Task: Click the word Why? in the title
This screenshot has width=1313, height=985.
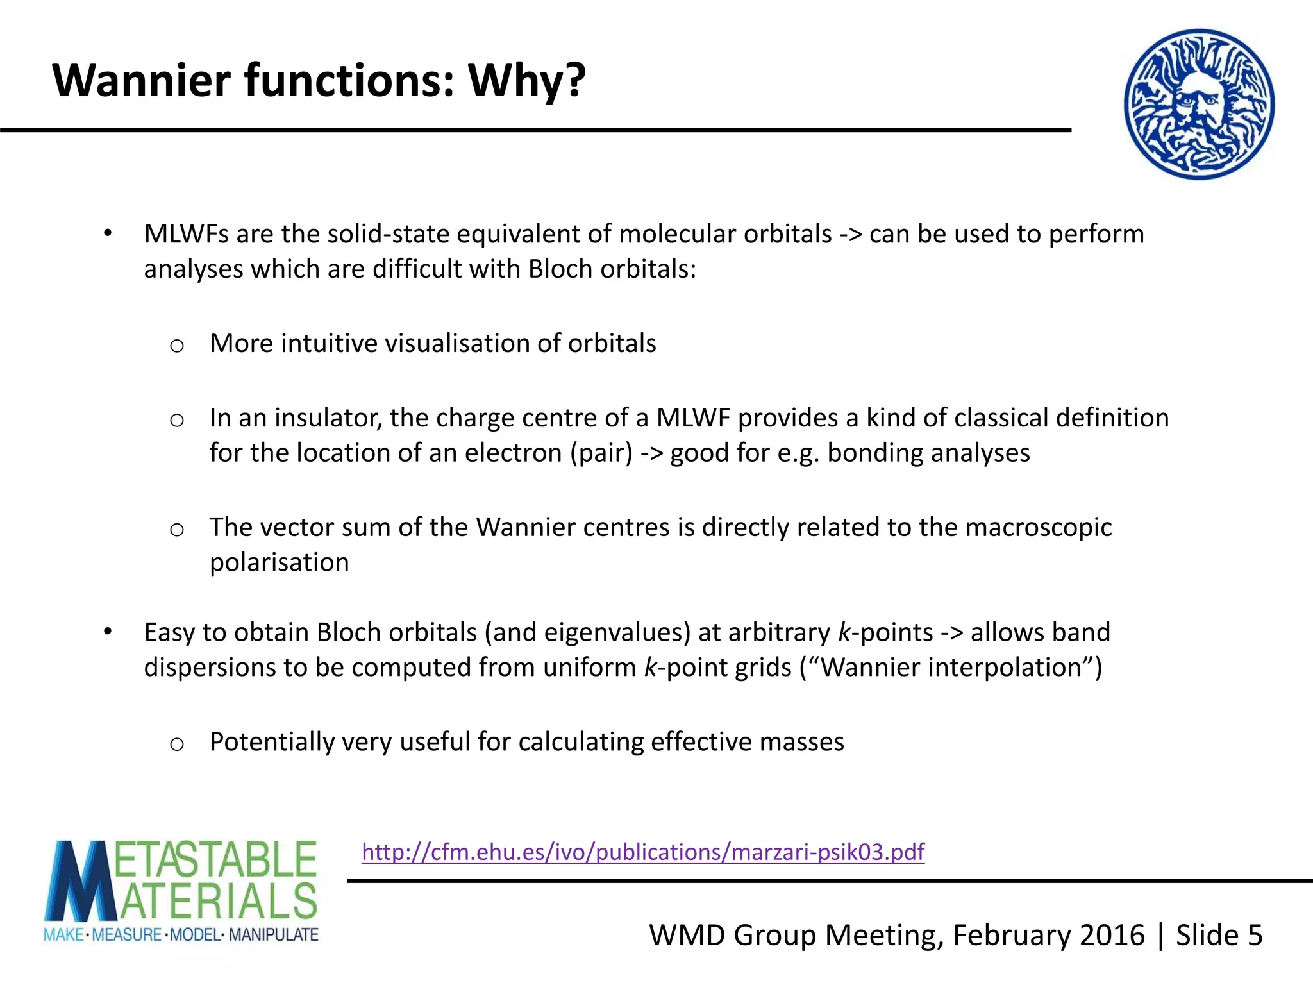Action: click(526, 81)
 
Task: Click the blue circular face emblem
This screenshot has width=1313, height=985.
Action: click(1199, 104)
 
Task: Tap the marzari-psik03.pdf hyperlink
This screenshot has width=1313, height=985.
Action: click(643, 852)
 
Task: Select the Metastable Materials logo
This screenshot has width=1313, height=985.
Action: click(181, 891)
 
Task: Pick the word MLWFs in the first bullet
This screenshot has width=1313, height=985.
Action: click(186, 234)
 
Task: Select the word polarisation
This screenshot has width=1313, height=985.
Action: click(280, 562)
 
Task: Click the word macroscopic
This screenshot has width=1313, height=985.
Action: click(1038, 527)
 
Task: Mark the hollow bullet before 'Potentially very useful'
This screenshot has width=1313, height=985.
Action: click(177, 744)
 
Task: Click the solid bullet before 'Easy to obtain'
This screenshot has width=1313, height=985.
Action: click(108, 632)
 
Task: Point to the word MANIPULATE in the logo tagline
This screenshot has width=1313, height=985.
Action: click(274, 935)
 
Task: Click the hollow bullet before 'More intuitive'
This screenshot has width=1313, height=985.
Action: click(177, 346)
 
